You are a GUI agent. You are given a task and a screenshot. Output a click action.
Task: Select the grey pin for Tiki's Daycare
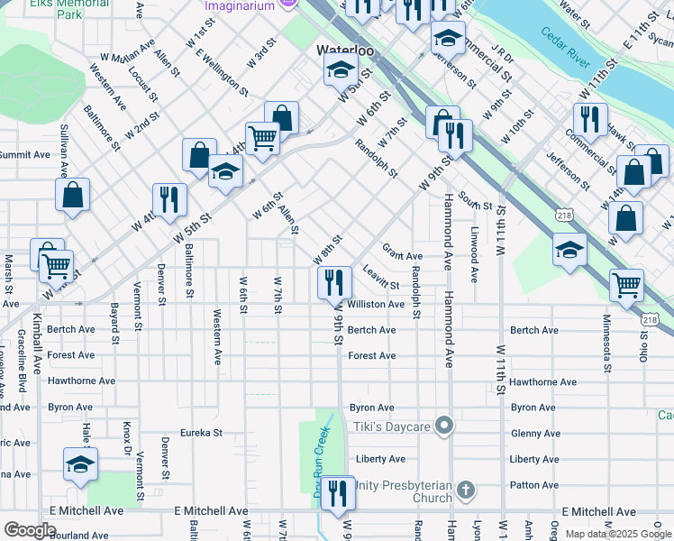(x=442, y=425)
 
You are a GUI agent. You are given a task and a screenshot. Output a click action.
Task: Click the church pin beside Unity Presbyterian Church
(x=465, y=491)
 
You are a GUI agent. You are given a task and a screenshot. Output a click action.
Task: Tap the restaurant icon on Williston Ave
(x=334, y=282)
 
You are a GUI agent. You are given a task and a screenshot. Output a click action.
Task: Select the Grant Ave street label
(x=402, y=256)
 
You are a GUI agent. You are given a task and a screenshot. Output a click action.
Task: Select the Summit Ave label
(x=24, y=155)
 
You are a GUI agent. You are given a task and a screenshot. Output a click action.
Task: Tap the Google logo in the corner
(x=31, y=529)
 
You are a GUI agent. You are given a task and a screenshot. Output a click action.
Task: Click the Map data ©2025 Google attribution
(x=618, y=534)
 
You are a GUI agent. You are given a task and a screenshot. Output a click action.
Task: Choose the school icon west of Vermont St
(x=80, y=465)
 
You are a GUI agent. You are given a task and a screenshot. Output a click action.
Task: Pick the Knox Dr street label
(x=127, y=442)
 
